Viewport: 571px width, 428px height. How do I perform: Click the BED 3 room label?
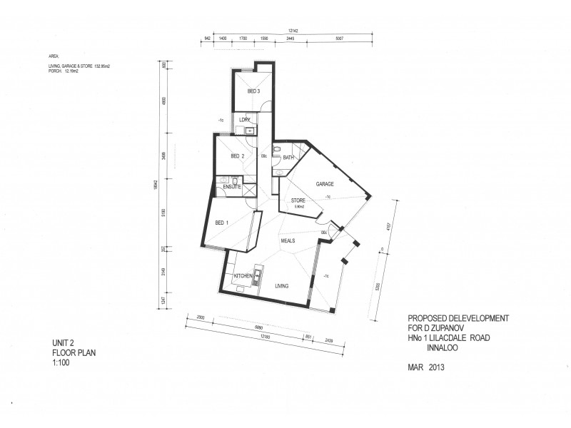click(253, 92)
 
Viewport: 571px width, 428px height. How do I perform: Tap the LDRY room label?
click(244, 119)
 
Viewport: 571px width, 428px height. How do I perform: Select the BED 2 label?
click(238, 156)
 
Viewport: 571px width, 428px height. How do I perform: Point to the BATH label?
click(288, 157)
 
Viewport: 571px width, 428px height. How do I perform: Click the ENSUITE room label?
click(233, 187)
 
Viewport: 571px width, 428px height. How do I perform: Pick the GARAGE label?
click(325, 184)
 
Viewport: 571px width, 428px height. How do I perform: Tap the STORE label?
click(298, 201)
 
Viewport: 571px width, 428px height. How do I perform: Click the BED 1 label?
click(222, 223)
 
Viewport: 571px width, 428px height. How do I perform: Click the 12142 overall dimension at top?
click(293, 31)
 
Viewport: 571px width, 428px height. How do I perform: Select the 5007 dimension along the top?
click(339, 38)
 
